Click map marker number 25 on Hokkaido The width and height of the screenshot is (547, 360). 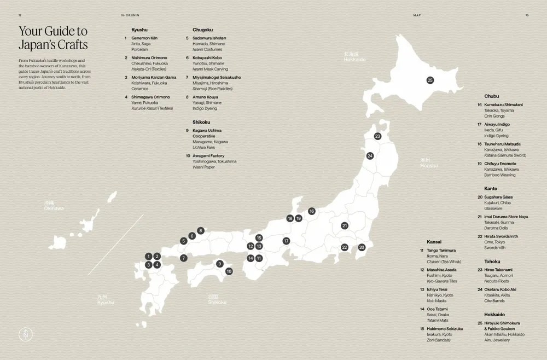[x=430, y=80]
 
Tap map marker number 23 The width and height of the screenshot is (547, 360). [x=377, y=136]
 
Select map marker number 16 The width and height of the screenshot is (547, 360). [x=312, y=211]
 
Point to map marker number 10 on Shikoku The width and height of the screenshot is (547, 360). [x=229, y=271]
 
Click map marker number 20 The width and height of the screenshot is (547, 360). [x=362, y=247]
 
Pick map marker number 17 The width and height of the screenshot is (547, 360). [x=286, y=241]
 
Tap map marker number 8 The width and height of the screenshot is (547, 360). [x=201, y=231]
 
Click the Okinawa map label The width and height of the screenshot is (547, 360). [x=54, y=206]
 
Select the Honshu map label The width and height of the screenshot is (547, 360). [x=429, y=163]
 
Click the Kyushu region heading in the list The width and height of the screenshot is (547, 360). [x=140, y=29]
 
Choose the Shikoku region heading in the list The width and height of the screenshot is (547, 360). [x=201, y=122]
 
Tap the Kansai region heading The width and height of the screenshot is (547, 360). [x=434, y=241]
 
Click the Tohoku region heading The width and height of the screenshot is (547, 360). [x=492, y=261]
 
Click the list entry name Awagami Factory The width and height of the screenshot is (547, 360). [x=208, y=156]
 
